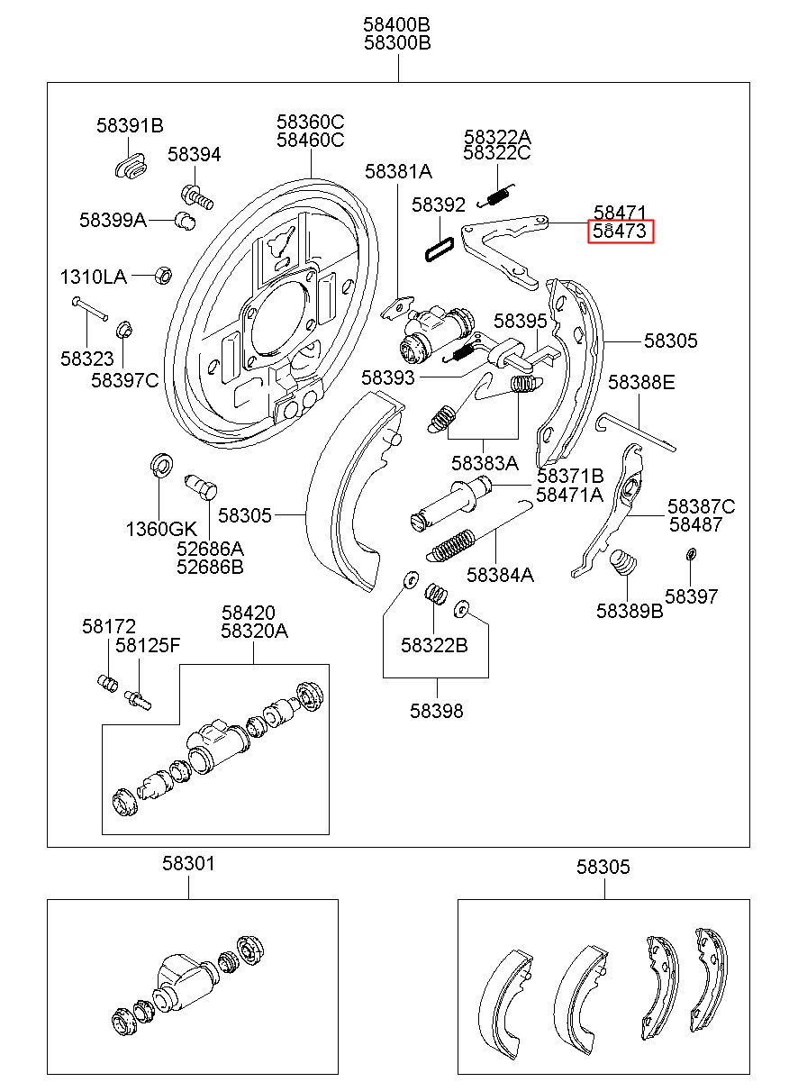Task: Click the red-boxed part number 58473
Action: point(620,232)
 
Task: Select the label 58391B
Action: point(130,126)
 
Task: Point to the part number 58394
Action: point(194,155)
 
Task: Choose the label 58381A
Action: point(398,171)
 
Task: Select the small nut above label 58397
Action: point(690,553)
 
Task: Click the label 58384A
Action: point(500,575)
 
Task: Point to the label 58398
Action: point(437,711)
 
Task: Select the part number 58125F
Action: point(148,645)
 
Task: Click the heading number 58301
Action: point(189,865)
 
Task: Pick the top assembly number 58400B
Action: point(397,24)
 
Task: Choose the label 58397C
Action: point(124,380)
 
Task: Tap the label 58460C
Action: point(310,140)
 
